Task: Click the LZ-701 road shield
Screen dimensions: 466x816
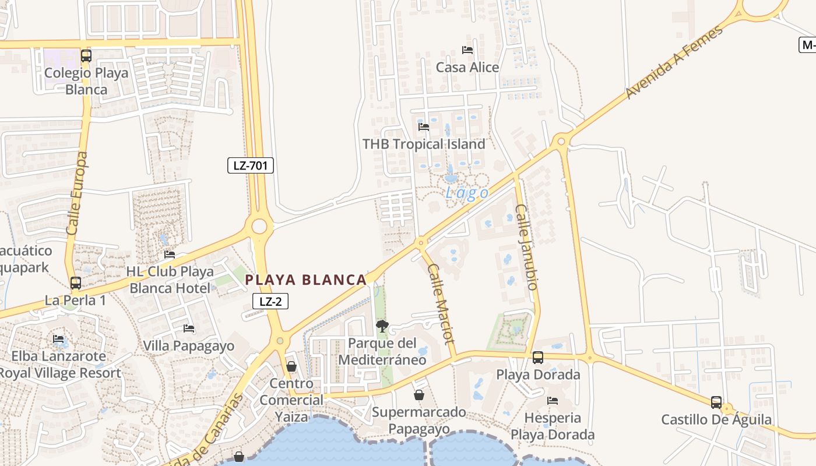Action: tap(250, 165)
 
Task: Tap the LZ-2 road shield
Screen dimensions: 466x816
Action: tap(270, 301)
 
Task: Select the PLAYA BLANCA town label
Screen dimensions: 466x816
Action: tap(305, 280)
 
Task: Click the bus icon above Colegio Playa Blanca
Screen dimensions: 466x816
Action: tap(86, 56)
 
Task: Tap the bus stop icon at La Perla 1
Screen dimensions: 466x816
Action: tap(76, 283)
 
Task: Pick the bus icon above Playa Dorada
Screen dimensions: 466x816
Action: tap(537, 357)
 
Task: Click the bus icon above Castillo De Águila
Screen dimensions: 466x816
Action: tap(716, 402)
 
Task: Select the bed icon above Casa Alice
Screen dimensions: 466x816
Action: tap(467, 50)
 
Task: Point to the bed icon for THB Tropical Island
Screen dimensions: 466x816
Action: tap(424, 126)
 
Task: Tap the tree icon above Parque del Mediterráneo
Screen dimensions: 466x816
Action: tap(382, 326)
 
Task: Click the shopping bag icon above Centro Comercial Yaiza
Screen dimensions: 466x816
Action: tap(291, 366)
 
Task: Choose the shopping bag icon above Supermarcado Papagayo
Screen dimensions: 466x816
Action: tap(418, 395)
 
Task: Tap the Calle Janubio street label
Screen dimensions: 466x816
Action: tap(525, 246)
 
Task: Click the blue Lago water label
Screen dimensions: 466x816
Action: tap(467, 193)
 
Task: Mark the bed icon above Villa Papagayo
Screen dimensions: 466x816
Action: tap(189, 329)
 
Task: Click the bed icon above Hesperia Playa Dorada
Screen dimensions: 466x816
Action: tap(553, 401)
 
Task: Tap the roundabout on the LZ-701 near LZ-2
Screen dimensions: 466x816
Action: tap(259, 227)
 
